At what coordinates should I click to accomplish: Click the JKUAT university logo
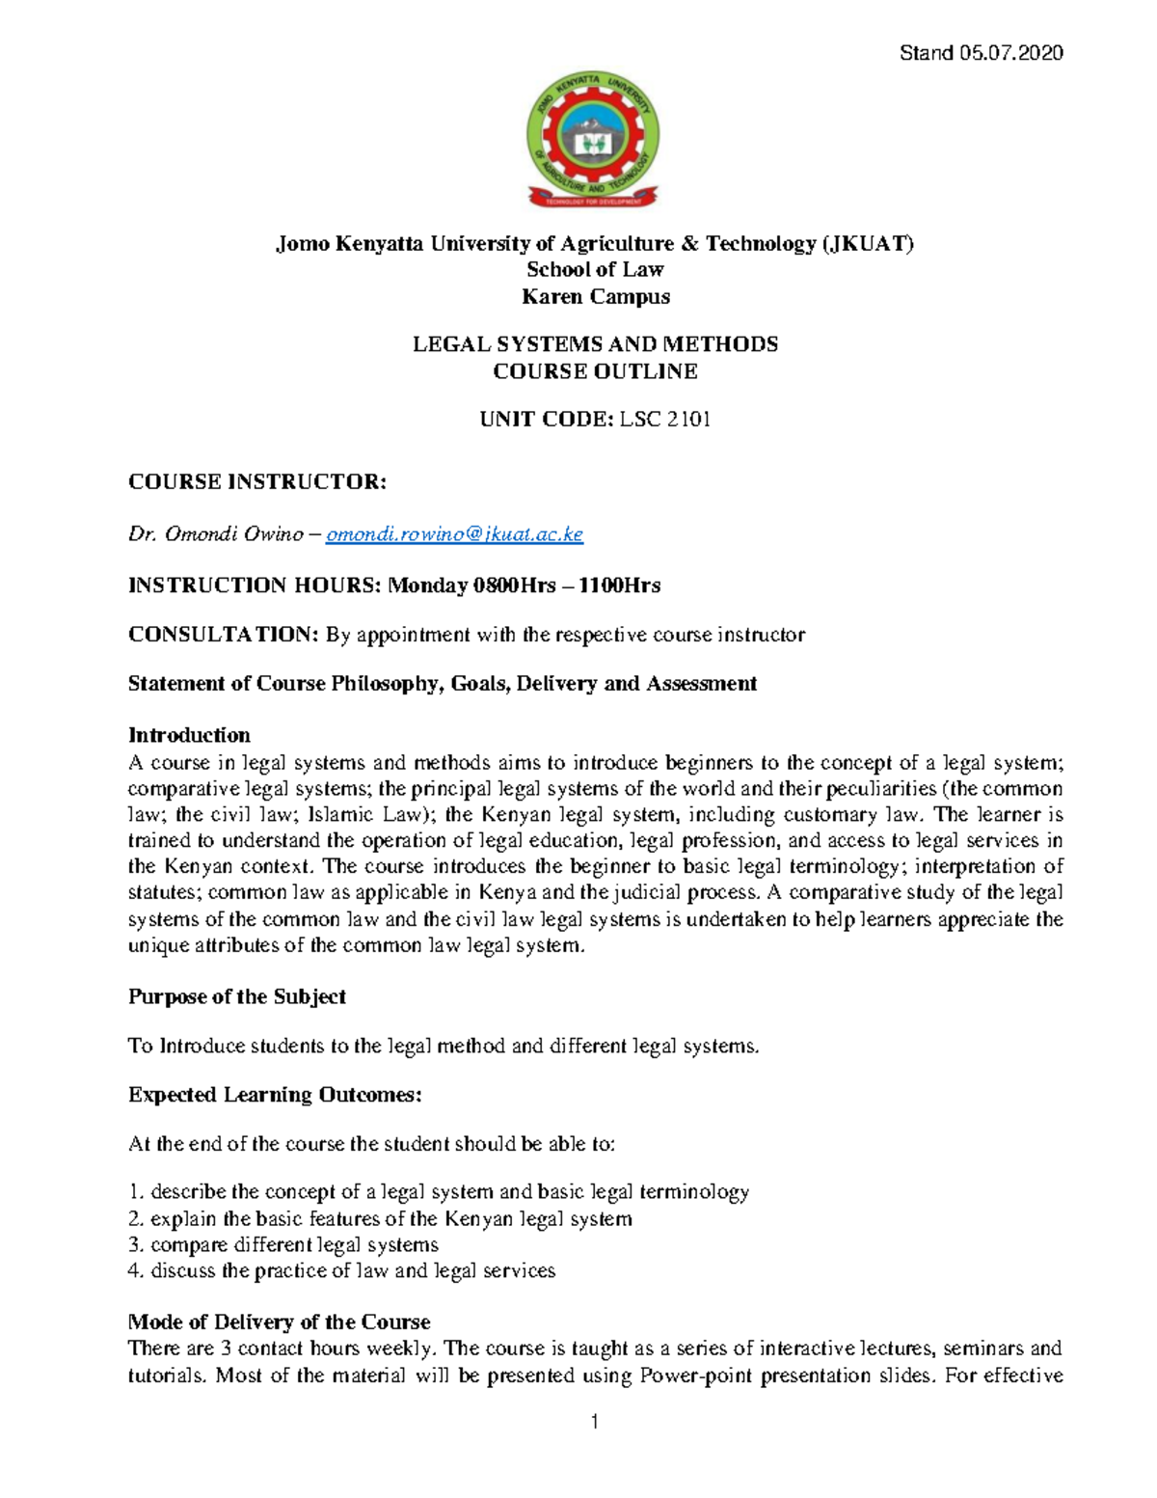[x=594, y=140]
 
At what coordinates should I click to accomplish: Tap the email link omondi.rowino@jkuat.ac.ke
[x=454, y=534]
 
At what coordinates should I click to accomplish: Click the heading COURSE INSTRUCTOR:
[x=257, y=482]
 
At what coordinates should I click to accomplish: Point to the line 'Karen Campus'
[x=595, y=297]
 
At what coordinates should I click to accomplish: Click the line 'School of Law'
[x=595, y=270]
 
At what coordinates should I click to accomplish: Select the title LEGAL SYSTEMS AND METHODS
[x=595, y=344]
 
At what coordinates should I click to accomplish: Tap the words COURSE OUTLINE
[x=595, y=371]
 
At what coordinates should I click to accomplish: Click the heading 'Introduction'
[x=189, y=735]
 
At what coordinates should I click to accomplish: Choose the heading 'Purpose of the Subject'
[x=237, y=996]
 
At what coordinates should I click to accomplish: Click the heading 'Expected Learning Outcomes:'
[x=275, y=1095]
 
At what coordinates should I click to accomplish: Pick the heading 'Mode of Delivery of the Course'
[x=279, y=1321]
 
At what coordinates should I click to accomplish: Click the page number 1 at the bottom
[x=595, y=1421]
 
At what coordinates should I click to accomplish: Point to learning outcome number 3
[x=283, y=1244]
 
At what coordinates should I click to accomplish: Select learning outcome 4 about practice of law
[x=342, y=1270]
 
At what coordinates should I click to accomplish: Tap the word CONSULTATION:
[x=223, y=635]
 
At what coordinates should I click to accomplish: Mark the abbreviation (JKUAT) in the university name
[x=867, y=243]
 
